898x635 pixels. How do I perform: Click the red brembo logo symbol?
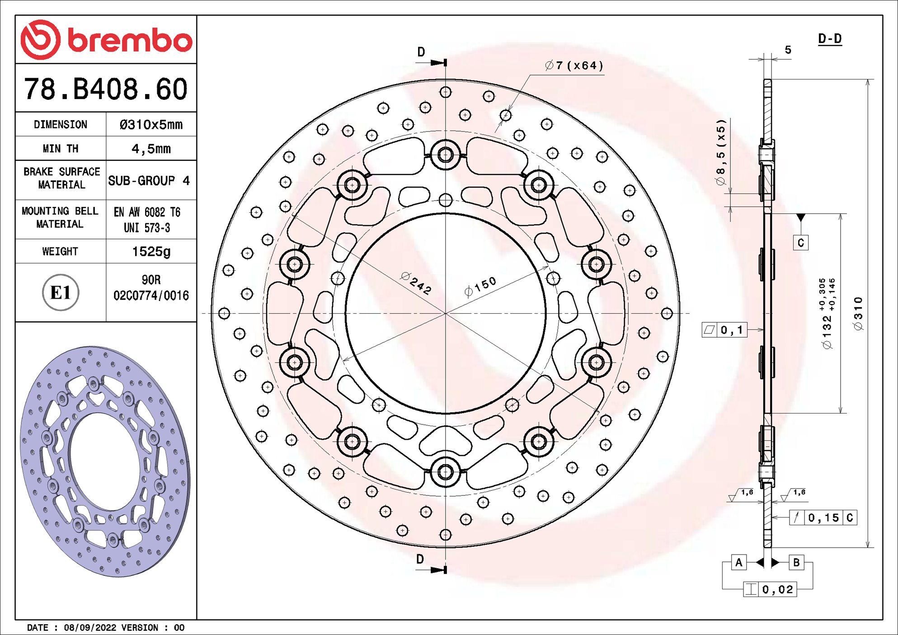[40, 40]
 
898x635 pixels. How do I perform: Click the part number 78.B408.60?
[105, 89]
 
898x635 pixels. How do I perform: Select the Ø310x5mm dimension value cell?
[151, 125]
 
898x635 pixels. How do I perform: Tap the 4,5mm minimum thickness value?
[151, 149]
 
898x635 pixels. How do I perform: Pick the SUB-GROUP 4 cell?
[149, 181]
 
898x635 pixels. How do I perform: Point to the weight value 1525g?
[151, 251]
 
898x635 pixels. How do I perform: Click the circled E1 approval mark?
[61, 292]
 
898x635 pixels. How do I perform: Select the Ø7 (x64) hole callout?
[574, 66]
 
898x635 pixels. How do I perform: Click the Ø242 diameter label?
[416, 283]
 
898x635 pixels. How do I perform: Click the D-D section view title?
[830, 39]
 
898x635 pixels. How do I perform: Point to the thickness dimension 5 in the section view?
[788, 50]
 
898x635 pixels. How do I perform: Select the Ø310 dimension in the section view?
[858, 314]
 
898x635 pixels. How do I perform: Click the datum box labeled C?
[800, 243]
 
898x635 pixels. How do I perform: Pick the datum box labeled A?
[738, 562]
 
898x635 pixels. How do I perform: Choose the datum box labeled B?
[796, 562]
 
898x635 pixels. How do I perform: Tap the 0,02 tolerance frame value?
[777, 589]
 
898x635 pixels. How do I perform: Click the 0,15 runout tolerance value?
[823, 518]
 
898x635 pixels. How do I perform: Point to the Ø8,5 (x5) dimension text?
[721, 152]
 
